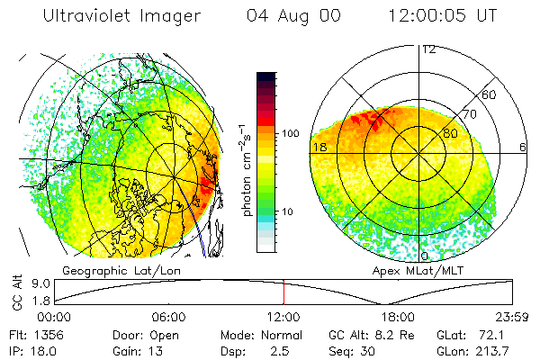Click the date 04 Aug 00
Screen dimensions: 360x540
[x=292, y=16]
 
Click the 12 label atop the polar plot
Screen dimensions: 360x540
[x=429, y=49]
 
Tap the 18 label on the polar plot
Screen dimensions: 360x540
[x=319, y=147]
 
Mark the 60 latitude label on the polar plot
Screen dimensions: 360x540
[x=490, y=94]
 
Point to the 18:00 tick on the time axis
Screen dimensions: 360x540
[x=398, y=317]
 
